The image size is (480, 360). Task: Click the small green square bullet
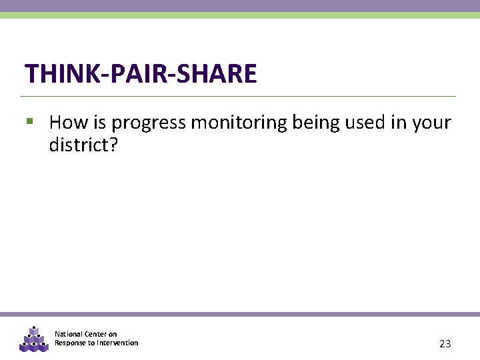[29, 122]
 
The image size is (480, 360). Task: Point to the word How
[65, 123]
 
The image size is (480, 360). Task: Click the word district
[77, 145]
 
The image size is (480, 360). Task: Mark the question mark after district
[113, 145]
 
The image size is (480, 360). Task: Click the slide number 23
[445, 344]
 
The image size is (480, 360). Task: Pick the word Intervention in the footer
[117, 343]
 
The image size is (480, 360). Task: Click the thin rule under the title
[240, 96]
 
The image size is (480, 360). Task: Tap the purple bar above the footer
[240, 314]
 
